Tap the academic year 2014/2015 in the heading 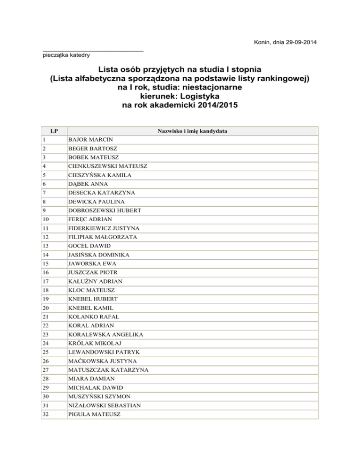click(211, 106)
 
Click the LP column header click(54, 131)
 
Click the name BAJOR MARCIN click(90, 140)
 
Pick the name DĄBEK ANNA click(88, 184)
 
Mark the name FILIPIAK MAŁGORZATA click(103, 237)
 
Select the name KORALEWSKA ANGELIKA click(105, 334)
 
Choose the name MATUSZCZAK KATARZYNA click(108, 369)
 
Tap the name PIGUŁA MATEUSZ click(93, 413)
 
